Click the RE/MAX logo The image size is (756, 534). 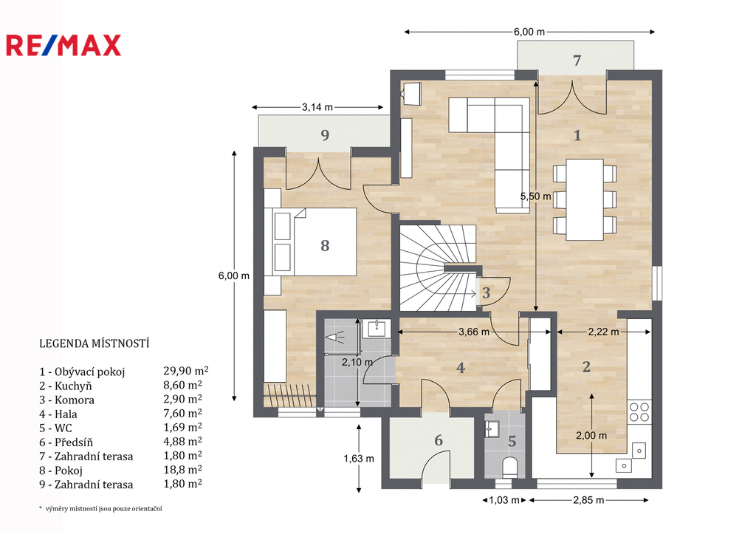click(63, 45)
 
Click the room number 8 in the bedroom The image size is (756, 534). click(325, 245)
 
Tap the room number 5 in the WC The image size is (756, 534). click(512, 441)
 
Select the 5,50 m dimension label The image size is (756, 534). click(535, 196)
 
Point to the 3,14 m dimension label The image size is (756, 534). click(317, 107)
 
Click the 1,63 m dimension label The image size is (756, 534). click(359, 458)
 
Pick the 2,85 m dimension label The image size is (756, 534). click(588, 500)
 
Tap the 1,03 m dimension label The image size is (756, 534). click(504, 500)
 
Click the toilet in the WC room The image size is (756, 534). click(509, 468)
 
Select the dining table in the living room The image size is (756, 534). click(585, 199)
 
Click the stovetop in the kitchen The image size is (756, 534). click(639, 412)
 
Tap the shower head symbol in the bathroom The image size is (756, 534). click(333, 336)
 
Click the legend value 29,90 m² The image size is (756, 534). click(185, 371)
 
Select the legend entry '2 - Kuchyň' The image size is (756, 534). click(66, 386)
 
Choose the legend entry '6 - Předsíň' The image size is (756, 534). click(66, 442)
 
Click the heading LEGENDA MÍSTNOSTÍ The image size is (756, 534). click(94, 343)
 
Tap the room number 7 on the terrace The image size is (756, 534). click(577, 61)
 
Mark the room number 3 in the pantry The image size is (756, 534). click(486, 292)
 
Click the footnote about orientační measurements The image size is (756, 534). click(100, 508)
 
